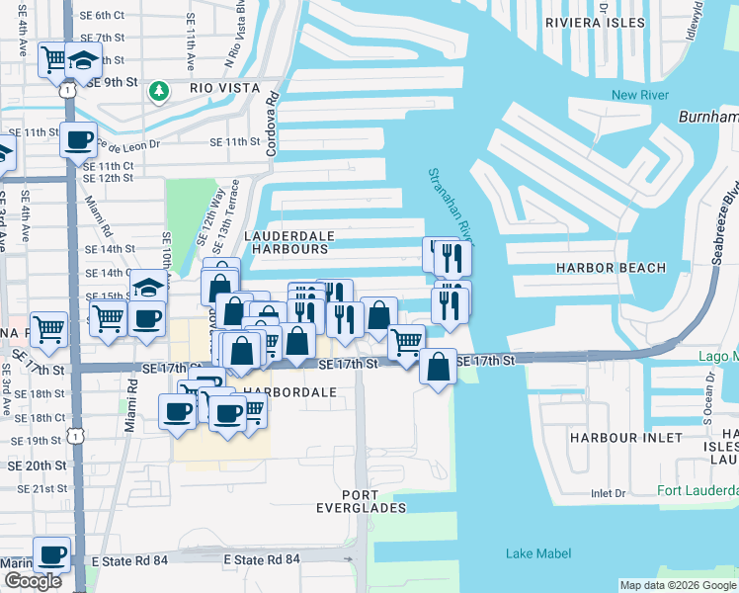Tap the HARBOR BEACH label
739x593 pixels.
(611, 268)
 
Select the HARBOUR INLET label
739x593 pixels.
(626, 437)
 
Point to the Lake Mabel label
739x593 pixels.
(534, 553)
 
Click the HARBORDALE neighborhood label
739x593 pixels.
(290, 392)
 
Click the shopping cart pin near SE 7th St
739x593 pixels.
(54, 59)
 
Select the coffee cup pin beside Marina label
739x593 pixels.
(51, 554)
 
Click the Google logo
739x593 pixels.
(33, 581)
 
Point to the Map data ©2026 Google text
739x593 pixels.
(678, 585)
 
